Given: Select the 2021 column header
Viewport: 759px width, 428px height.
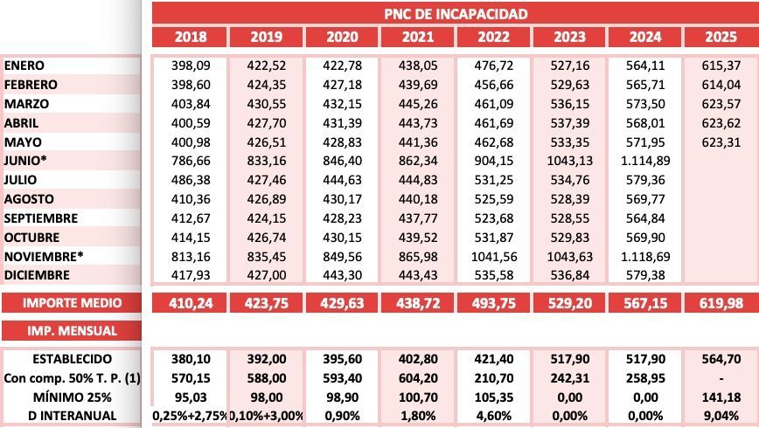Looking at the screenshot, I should (x=417, y=37).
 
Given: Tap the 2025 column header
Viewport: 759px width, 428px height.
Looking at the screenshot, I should (x=721, y=37).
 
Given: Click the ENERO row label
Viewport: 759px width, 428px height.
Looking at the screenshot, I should (x=24, y=66).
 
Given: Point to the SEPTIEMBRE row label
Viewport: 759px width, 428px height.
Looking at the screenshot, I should (x=41, y=218).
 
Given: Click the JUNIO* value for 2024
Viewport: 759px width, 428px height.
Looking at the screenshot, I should (x=644, y=161).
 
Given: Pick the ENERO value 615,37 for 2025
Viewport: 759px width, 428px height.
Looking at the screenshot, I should (x=721, y=66).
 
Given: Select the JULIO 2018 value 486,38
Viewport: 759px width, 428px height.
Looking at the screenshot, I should (x=190, y=180).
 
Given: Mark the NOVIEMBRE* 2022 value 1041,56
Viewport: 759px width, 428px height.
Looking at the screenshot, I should (x=493, y=257).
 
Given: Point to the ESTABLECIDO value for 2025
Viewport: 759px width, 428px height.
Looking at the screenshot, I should (x=721, y=358).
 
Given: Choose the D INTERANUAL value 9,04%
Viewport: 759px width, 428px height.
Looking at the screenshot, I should (x=721, y=415).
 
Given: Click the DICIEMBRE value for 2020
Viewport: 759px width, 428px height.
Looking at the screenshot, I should (x=342, y=276).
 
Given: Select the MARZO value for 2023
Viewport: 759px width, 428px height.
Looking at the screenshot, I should (x=569, y=104).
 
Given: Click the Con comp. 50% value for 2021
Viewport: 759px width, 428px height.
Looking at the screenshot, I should (x=417, y=377).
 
